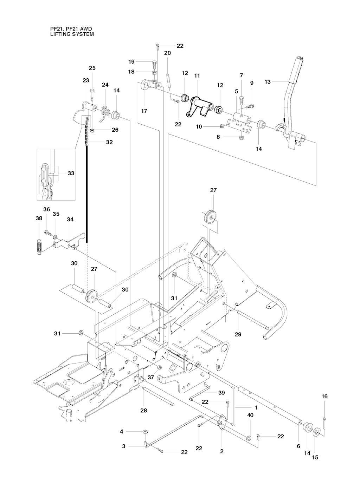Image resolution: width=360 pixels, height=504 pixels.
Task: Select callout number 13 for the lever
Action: tap(268, 81)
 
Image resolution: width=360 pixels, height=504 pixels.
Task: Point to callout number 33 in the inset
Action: tap(71, 173)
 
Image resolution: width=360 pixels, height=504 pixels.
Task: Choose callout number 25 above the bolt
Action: tap(92, 68)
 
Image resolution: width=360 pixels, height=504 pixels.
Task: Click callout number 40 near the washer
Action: tap(250, 415)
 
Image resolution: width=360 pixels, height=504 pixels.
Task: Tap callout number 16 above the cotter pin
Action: tap(324, 396)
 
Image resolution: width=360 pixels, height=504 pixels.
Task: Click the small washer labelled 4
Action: tap(145, 431)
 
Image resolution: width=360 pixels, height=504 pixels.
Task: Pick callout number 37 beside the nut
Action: tap(151, 377)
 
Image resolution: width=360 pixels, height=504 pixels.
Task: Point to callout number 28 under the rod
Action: tap(144, 410)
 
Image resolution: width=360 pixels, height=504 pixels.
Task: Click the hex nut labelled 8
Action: tap(241, 137)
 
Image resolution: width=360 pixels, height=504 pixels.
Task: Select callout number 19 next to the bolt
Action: tap(131, 62)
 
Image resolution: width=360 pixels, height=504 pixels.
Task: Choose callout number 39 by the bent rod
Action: tap(221, 393)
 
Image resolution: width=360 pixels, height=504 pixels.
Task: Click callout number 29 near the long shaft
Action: tap(238, 335)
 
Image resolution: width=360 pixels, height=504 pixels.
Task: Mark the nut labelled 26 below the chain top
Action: tap(92, 131)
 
